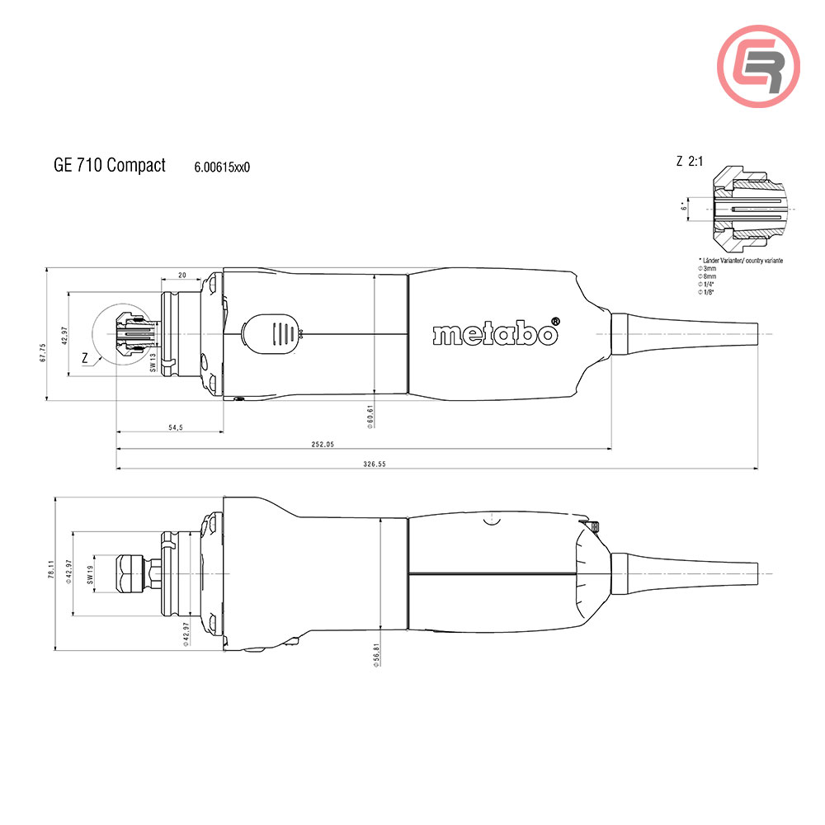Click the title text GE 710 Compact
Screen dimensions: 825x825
point(110,165)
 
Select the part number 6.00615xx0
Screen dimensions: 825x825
point(222,167)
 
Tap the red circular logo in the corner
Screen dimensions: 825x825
point(758,68)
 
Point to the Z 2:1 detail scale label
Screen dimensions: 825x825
point(689,163)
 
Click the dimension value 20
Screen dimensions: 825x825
point(181,275)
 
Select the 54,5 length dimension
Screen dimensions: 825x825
point(174,427)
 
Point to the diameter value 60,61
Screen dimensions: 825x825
point(371,416)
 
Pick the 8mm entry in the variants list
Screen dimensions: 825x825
point(709,276)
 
